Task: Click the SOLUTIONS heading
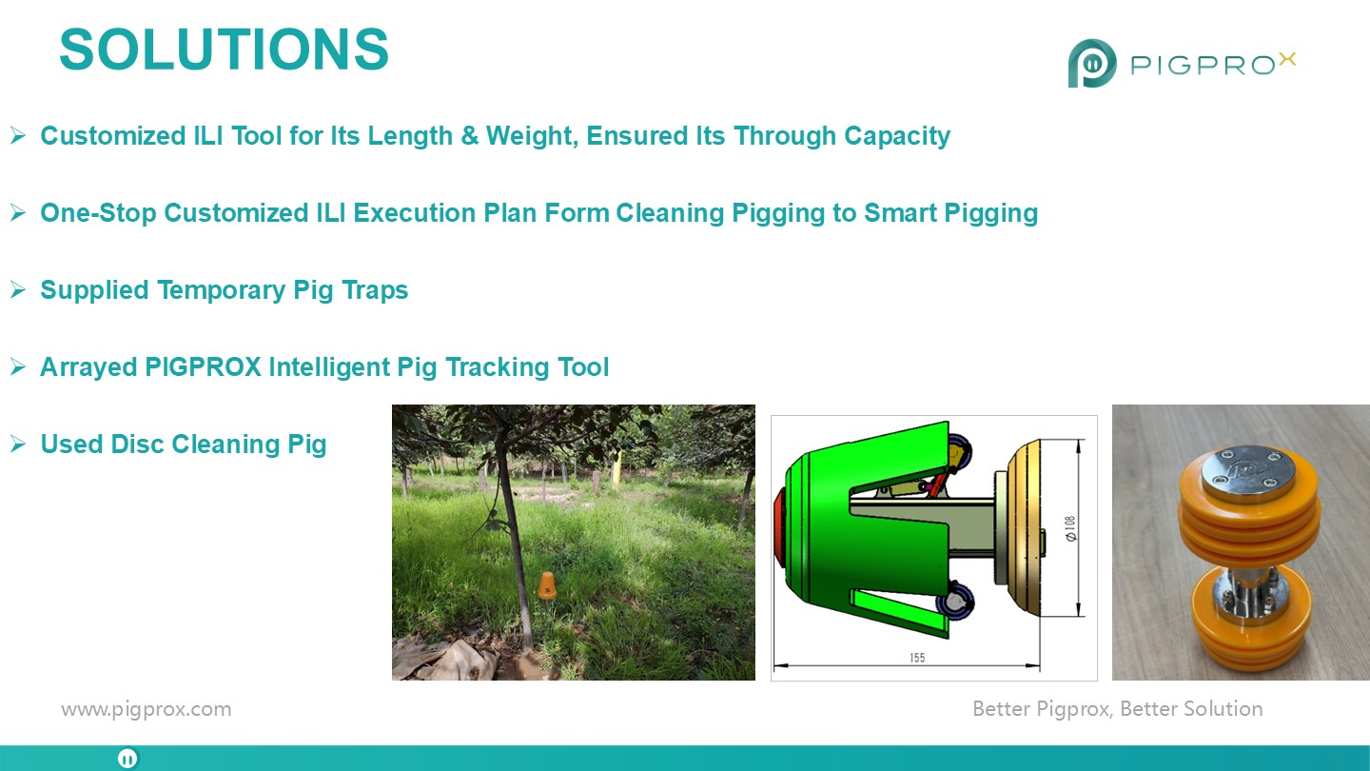224,49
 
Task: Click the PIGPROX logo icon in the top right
1092,63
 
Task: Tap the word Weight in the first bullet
532,136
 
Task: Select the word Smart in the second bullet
900,213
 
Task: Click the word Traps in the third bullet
375,290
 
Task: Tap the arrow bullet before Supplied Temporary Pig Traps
18,289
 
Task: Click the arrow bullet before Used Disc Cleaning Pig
18,444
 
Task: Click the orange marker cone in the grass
547,585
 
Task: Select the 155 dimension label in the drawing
917,658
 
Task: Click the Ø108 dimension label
1069,528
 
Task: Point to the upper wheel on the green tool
958,452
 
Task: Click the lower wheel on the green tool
954,601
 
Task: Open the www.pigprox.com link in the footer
147,709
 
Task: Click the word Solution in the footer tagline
1223,708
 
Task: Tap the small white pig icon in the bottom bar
127,759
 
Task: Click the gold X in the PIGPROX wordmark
1287,59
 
